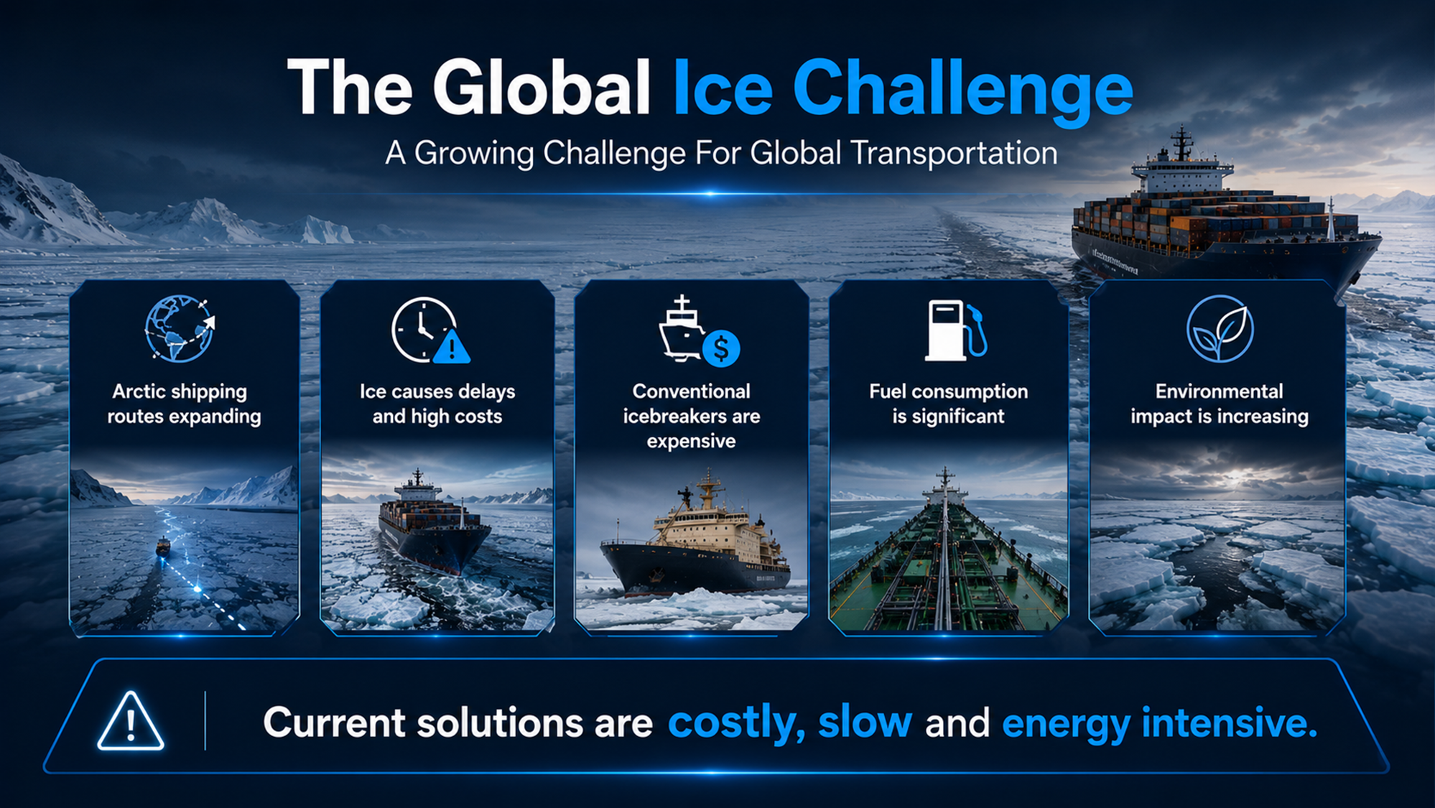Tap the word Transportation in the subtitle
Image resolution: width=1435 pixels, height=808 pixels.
954,153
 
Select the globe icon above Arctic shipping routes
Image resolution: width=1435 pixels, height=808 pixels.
180,328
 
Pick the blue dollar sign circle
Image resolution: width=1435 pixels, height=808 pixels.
721,348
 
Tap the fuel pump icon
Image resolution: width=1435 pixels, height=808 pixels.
956,330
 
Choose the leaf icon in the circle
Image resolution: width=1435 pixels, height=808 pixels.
1220,328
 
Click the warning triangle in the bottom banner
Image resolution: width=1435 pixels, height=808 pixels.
130,721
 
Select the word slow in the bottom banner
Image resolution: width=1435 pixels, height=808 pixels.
865,722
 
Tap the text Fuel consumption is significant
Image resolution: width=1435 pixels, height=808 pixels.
948,404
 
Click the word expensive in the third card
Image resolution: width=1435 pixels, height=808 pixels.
691,441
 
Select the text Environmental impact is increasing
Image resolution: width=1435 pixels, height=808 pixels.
1219,404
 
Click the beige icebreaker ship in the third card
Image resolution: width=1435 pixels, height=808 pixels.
695,539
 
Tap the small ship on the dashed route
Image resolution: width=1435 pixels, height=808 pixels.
163,547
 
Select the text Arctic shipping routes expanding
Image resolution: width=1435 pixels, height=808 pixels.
184,404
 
